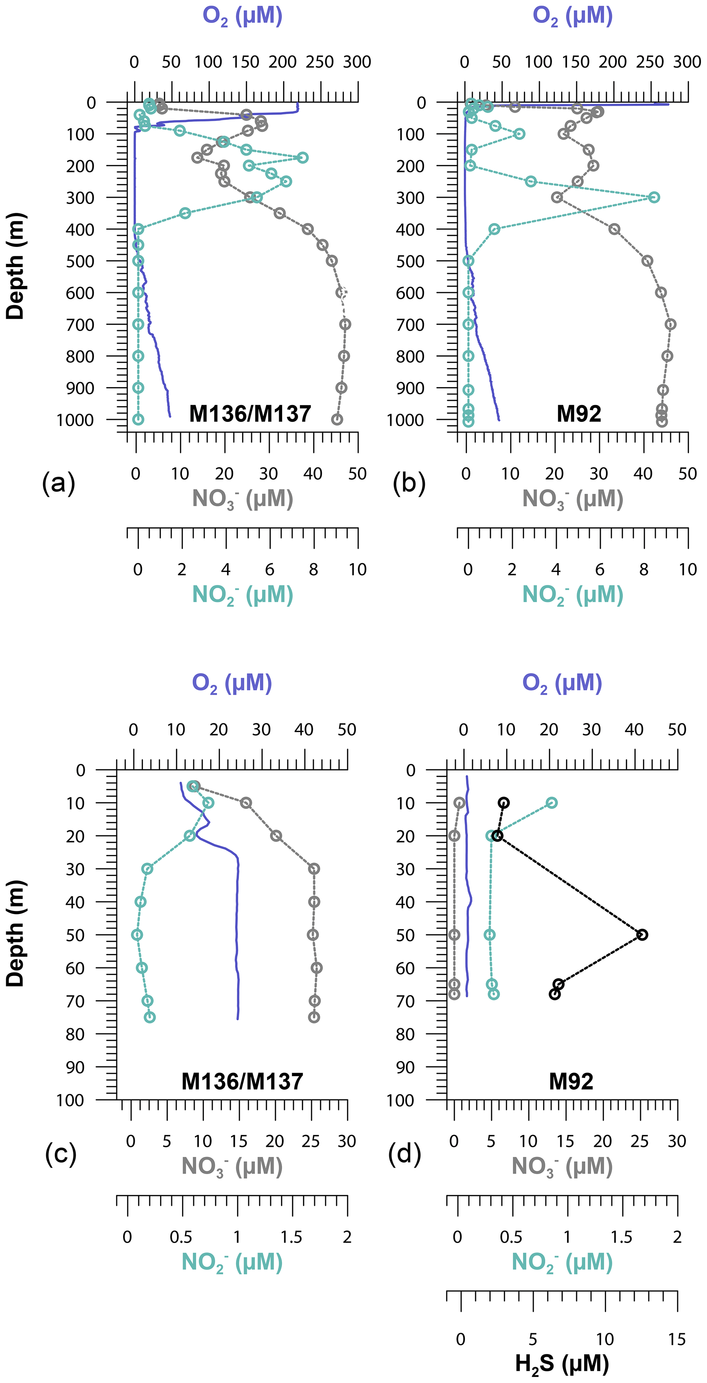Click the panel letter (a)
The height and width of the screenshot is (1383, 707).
pyautogui.click(x=58, y=483)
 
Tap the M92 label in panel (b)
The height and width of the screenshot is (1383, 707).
pyautogui.click(x=579, y=414)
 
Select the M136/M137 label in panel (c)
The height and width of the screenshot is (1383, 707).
pyautogui.click(x=242, y=1081)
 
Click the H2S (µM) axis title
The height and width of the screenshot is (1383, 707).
pyautogui.click(x=562, y=1362)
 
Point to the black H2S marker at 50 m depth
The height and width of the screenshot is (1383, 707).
pyautogui.click(x=642, y=935)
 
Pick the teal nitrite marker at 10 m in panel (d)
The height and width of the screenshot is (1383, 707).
pyautogui.click(x=551, y=803)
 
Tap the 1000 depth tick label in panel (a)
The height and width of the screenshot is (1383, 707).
pyautogui.click(x=75, y=420)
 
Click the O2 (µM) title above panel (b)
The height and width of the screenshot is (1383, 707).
pyautogui.click(x=572, y=16)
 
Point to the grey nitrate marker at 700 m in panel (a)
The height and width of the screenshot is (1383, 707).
pyautogui.click(x=345, y=324)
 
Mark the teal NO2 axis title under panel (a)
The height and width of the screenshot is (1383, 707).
pyautogui.click(x=243, y=595)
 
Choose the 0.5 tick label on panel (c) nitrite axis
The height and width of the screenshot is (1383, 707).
pyautogui.click(x=181, y=1237)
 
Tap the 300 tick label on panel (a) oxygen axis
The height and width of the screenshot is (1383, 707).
pyautogui.click(x=357, y=62)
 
